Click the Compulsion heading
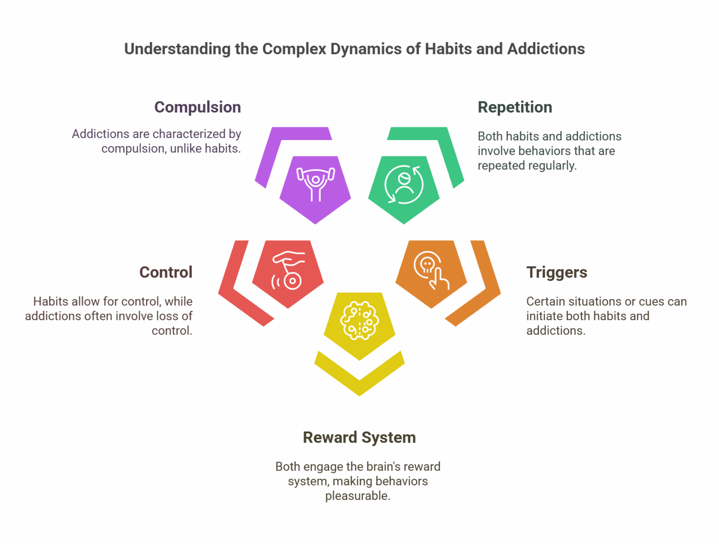pos(198,107)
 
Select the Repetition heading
pos(515,107)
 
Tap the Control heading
pos(166,272)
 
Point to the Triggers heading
pos(557,272)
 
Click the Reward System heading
pos(359,437)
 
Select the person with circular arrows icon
pos(404,184)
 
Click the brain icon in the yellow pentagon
pos(359,320)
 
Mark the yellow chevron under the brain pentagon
pos(359,377)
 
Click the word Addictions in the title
pos(546,49)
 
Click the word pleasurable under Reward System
pos(358,496)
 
